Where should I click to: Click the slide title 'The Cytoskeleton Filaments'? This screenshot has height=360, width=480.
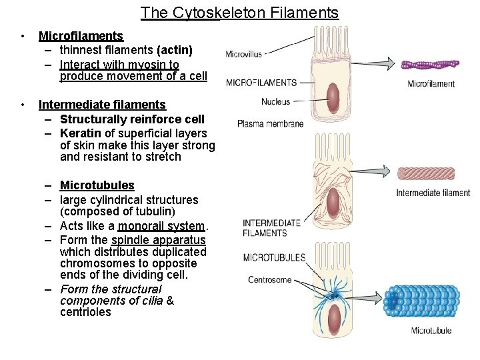(x=239, y=13)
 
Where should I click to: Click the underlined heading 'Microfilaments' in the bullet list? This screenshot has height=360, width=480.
(x=81, y=36)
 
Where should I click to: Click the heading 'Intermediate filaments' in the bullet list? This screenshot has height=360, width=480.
(x=102, y=105)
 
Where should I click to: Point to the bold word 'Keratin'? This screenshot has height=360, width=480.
(x=81, y=133)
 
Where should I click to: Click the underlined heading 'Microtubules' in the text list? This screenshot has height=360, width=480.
(x=97, y=185)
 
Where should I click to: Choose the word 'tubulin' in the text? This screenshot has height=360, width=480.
(x=152, y=211)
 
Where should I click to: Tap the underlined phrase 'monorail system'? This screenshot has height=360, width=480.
(x=161, y=226)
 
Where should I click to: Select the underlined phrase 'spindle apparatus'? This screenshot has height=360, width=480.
(x=159, y=240)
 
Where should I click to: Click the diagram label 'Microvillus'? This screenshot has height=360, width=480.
(x=244, y=54)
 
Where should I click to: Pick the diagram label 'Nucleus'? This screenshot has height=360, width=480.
(x=275, y=102)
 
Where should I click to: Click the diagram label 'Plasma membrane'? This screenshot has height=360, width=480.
(x=270, y=123)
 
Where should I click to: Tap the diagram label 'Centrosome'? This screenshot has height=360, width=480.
(x=269, y=279)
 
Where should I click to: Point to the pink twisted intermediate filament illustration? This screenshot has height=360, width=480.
(x=433, y=173)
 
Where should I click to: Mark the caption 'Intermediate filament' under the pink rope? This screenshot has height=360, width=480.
(x=433, y=193)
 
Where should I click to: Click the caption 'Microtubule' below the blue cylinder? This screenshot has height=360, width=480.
(x=431, y=331)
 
